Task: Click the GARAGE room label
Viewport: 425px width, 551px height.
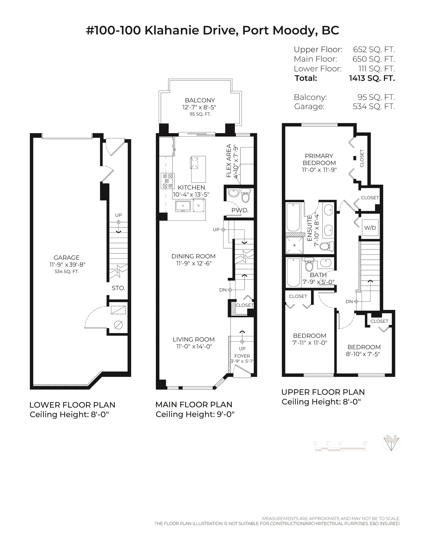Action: pos(67,258)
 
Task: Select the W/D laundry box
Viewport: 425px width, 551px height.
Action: pos(370,228)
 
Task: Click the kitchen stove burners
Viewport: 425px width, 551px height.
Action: pos(168,181)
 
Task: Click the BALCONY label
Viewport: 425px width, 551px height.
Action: pos(200,100)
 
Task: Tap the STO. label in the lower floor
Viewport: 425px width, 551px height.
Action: pos(118,288)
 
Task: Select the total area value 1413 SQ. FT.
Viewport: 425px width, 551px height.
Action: pos(372,78)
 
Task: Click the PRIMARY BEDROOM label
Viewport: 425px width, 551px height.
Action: pos(319,159)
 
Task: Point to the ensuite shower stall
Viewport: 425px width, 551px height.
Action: pos(294,245)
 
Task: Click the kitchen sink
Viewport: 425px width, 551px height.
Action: pos(183,206)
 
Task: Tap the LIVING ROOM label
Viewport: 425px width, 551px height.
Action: pos(194,339)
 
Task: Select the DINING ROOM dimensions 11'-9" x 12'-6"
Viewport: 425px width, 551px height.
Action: pos(194,263)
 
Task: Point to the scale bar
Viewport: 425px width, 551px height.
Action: pos(340,449)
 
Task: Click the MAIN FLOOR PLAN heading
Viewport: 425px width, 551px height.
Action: pos(194,404)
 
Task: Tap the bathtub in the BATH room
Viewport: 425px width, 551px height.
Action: pos(293,272)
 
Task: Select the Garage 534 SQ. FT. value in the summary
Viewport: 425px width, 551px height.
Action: pos(374,106)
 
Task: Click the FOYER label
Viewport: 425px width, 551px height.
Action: pos(242,356)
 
